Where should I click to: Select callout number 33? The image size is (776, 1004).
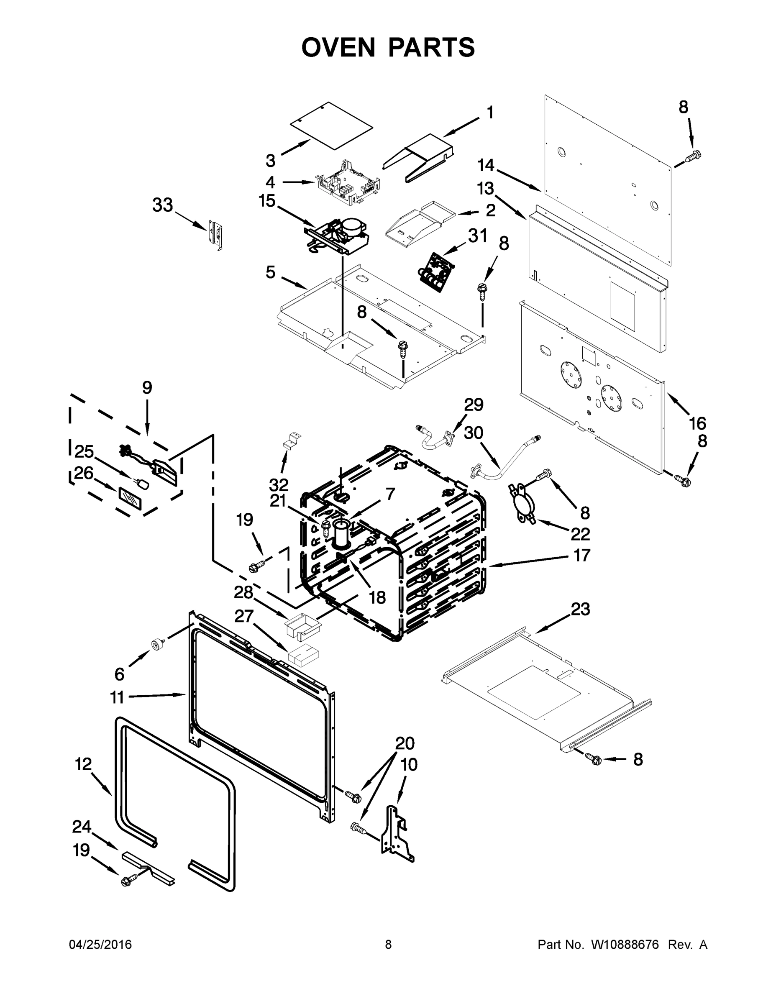pyautogui.click(x=162, y=205)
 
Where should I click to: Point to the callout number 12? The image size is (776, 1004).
pyautogui.click(x=83, y=764)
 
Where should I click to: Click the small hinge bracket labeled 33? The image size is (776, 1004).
pyautogui.click(x=215, y=234)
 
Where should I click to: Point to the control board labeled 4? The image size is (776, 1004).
pyautogui.click(x=348, y=183)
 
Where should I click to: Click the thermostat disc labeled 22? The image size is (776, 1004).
pyautogui.click(x=522, y=503)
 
